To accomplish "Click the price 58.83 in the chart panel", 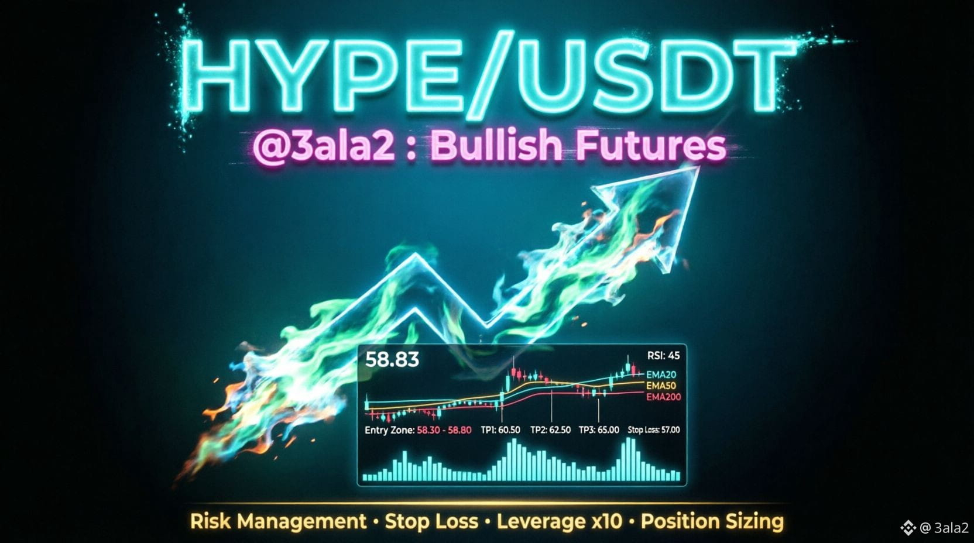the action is (392, 360).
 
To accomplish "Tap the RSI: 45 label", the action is (663, 356).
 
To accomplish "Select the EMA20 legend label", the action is (661, 374).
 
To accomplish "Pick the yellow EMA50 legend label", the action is (661, 386).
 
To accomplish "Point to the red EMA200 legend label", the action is (664, 397).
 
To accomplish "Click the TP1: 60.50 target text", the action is (500, 430).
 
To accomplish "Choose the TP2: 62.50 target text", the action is (550, 430).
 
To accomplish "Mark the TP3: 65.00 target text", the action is (599, 430).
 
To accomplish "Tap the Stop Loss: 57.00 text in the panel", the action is (654, 430).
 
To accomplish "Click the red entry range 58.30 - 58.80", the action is (444, 431).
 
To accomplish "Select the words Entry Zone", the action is (389, 431).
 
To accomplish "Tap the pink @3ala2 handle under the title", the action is (324, 146).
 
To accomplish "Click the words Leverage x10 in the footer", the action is (559, 521).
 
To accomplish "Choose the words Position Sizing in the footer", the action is (712, 522).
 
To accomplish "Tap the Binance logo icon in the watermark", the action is (908, 528).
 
